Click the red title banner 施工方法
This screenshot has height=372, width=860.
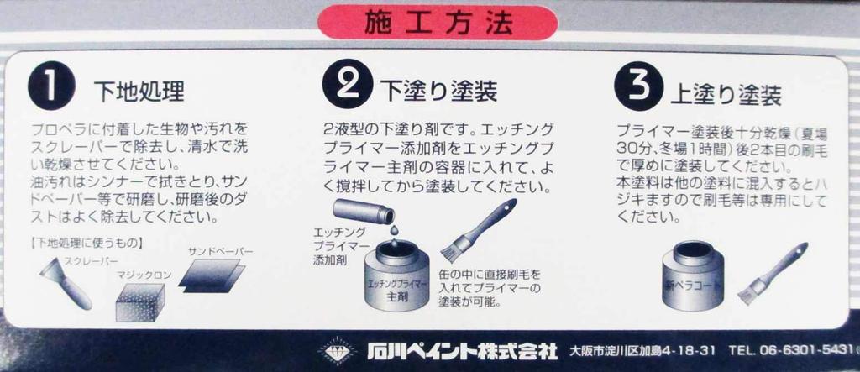tap(438, 24)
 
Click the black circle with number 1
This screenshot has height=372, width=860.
tap(49, 86)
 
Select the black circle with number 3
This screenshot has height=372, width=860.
tap(634, 86)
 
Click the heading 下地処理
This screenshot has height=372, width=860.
tap(139, 91)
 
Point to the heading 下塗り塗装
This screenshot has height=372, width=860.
tap(438, 90)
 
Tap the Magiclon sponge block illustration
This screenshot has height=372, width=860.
tap(139, 303)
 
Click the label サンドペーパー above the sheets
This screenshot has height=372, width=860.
tap(220, 251)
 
